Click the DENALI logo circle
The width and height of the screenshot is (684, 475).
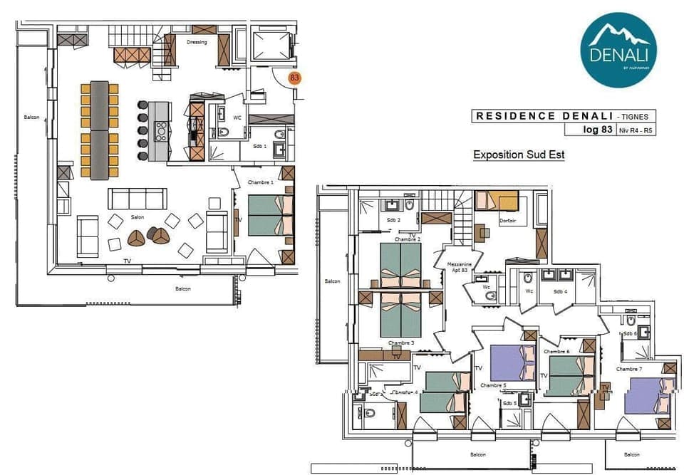(x=618, y=50)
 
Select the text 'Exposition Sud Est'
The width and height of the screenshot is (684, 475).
(x=519, y=155)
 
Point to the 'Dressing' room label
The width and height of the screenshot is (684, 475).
(x=197, y=42)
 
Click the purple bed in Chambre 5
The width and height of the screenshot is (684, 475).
(x=512, y=362)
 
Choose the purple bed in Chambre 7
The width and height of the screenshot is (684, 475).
(x=648, y=396)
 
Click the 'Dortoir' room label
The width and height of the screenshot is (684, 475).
(x=507, y=221)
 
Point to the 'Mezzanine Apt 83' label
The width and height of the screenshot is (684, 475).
(x=460, y=267)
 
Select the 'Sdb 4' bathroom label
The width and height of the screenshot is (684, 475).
(x=560, y=292)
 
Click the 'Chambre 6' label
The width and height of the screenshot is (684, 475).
(x=557, y=352)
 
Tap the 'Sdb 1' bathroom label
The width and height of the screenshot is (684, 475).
(x=260, y=146)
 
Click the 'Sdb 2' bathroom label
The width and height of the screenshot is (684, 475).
(x=394, y=221)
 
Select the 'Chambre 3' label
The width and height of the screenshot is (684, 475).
(x=401, y=343)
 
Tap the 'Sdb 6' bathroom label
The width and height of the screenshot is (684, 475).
(x=630, y=333)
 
